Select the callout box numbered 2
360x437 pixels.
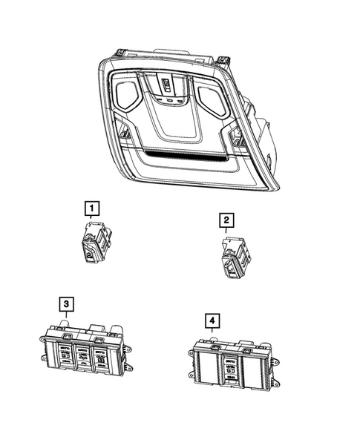pyautogui.click(x=225, y=220)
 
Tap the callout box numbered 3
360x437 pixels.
pyautogui.click(x=66, y=303)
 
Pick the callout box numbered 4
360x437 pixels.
pyautogui.click(x=213, y=321)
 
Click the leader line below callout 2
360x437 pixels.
pyautogui.click(x=226, y=231)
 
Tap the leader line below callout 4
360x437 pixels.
pyautogui.click(x=213, y=335)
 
